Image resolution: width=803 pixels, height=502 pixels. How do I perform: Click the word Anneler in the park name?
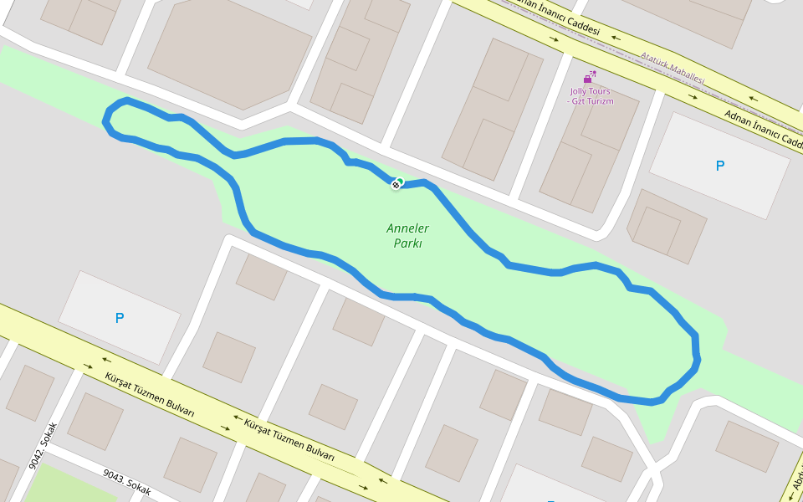[407, 228]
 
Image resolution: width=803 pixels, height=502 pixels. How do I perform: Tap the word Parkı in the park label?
[407, 243]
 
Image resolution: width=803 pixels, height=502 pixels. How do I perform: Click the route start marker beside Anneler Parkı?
[396, 184]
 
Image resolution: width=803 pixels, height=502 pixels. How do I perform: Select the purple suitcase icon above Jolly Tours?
[591, 78]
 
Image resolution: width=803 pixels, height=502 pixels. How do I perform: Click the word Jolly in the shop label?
[580, 91]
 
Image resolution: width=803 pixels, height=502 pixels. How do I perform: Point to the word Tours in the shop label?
[600, 91]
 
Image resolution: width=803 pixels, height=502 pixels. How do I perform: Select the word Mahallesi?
[688, 74]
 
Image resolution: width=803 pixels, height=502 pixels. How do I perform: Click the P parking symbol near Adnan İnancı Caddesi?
[719, 166]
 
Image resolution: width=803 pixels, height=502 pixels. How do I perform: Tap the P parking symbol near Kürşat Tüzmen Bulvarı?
[120, 318]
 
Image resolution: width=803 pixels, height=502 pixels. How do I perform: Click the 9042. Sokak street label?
[43, 444]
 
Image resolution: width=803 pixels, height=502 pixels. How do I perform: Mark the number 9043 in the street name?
[114, 477]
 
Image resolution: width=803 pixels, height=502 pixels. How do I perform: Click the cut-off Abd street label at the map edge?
[795, 481]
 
